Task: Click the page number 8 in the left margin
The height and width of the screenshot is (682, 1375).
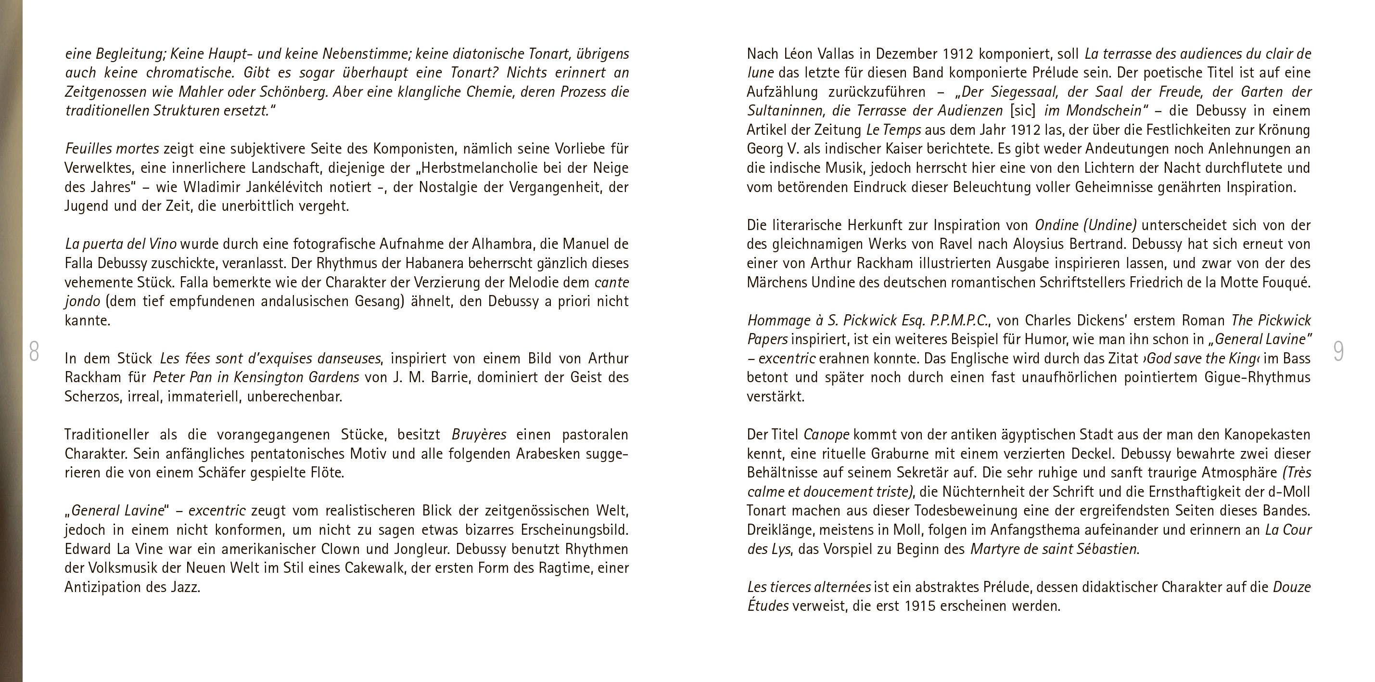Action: tap(34, 351)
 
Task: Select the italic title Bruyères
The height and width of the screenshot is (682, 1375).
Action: tap(479, 435)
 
